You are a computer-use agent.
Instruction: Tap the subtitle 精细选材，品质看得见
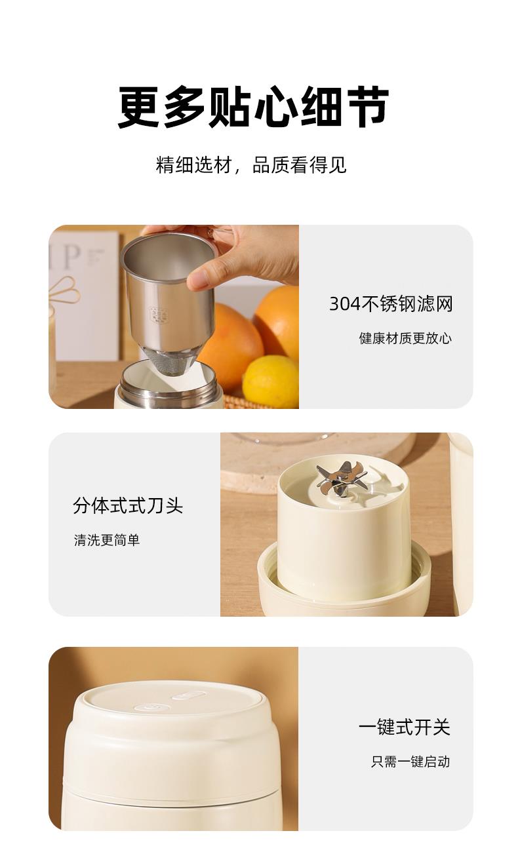(x=251, y=165)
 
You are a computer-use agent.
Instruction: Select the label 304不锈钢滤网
(x=391, y=304)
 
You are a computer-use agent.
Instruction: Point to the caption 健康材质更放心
(x=405, y=338)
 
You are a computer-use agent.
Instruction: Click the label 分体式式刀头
(x=128, y=505)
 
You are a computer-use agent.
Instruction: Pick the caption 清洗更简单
(x=107, y=540)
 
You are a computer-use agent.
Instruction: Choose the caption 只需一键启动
(x=410, y=762)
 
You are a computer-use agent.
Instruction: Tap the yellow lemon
(x=271, y=382)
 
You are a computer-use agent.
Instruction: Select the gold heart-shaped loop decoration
(x=65, y=290)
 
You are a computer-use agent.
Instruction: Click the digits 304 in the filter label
(x=344, y=304)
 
